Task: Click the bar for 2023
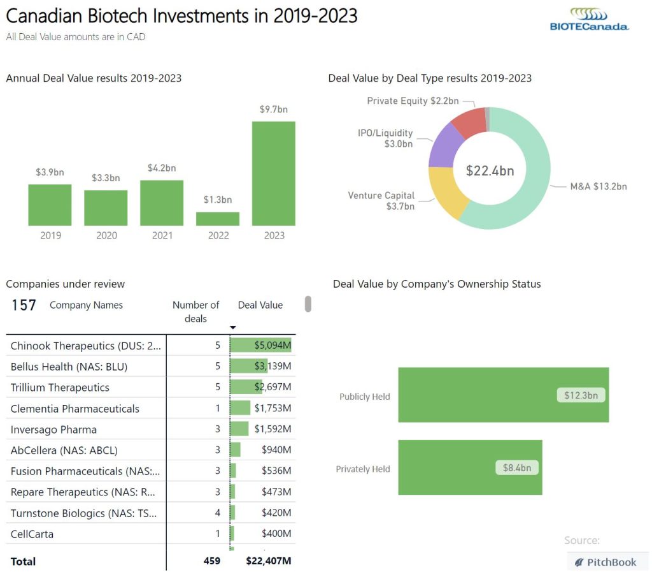(x=273, y=173)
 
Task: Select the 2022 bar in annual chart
(x=218, y=219)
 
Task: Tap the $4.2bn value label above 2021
(x=162, y=168)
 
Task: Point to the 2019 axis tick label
(x=50, y=235)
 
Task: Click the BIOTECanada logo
(x=589, y=19)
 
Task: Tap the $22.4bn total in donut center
(x=490, y=171)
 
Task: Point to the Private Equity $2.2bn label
(x=412, y=101)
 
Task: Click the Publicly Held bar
(x=503, y=395)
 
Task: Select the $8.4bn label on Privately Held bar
(x=516, y=467)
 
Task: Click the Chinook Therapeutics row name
(x=86, y=346)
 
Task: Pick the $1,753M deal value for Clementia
(x=273, y=408)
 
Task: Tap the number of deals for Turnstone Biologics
(x=217, y=513)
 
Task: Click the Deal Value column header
(x=260, y=305)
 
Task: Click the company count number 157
(x=24, y=305)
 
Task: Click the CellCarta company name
(x=32, y=534)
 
